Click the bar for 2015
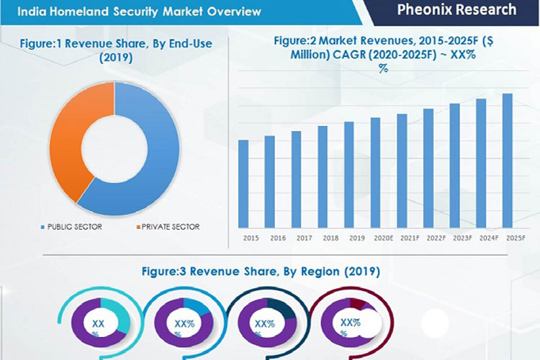tap(243, 183)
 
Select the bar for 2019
tap(348, 174)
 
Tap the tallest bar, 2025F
tap(507, 160)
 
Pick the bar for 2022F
tap(428, 167)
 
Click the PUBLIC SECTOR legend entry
tap(73, 227)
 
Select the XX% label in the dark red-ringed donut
tap(348, 325)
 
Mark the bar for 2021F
tap(402, 170)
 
